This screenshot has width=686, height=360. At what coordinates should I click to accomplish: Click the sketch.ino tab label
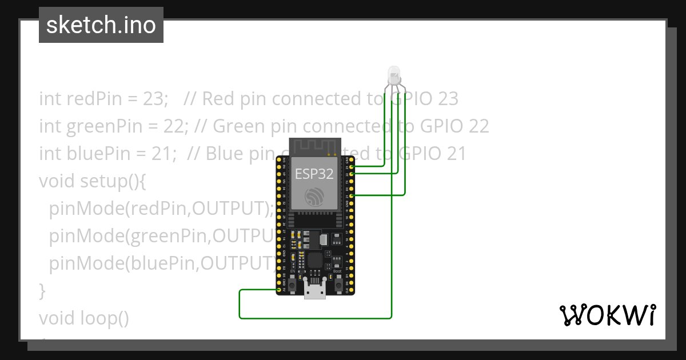coord(101,25)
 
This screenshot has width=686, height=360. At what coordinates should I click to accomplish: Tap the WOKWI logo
coord(607,315)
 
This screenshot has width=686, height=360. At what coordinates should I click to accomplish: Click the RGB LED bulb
coord(394,75)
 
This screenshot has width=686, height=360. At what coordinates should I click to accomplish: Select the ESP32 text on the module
coord(314,174)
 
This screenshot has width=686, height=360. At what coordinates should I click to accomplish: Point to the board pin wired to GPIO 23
coord(350,166)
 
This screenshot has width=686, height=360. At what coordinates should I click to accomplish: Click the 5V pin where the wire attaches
coord(278,290)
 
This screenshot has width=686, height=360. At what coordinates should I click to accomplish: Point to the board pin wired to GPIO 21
coord(350,195)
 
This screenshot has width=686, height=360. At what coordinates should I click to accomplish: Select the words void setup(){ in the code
coord(93,181)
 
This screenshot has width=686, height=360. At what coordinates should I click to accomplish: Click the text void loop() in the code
coord(84,318)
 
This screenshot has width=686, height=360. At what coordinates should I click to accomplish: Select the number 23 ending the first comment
coord(448,99)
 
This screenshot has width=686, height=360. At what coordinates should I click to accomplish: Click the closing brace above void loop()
coord(42,290)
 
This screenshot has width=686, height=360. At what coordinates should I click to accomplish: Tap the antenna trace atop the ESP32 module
coord(314,147)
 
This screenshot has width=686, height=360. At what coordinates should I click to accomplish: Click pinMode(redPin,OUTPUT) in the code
coord(157,209)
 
